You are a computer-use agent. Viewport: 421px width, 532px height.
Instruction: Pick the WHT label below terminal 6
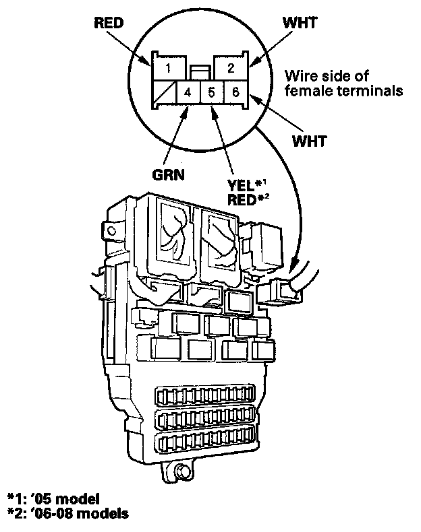pyautogui.click(x=310, y=141)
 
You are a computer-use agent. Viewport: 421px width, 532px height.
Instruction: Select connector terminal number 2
pyautogui.click(x=231, y=68)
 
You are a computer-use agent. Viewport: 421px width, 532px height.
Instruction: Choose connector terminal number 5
pyautogui.click(x=211, y=92)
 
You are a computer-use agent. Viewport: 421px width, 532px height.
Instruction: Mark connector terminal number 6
pyautogui.click(x=233, y=92)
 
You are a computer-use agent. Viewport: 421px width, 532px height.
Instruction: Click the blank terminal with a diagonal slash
pyautogui.click(x=164, y=92)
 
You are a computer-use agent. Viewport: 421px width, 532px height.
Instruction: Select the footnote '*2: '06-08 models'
pyautogui.click(x=65, y=514)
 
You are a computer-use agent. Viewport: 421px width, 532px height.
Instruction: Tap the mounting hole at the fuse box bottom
pyautogui.click(x=181, y=473)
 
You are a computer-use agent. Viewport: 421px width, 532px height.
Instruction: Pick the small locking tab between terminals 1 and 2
pyautogui.click(x=198, y=70)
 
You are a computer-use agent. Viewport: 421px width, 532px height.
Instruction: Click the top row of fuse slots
pyautogui.click(x=206, y=396)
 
